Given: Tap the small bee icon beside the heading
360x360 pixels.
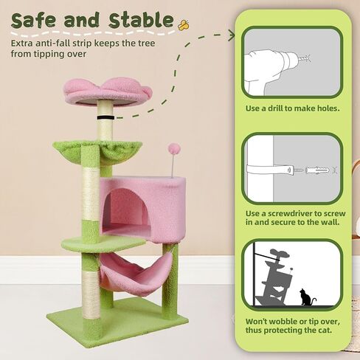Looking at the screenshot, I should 184,23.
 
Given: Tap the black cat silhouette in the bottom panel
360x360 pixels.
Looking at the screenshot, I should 304,298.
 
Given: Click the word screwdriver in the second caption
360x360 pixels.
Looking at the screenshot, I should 300,215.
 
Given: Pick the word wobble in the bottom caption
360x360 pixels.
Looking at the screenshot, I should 283,321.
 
